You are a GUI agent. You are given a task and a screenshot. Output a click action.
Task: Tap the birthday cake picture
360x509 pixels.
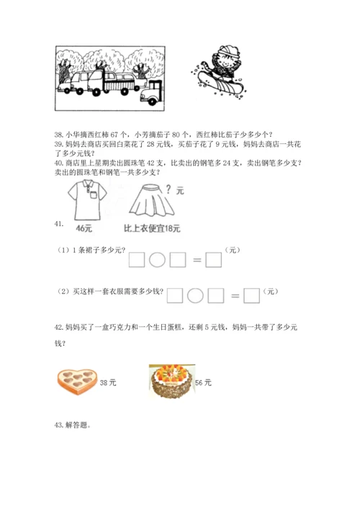pos(172,381)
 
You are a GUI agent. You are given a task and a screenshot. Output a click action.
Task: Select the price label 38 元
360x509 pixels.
pos(108,383)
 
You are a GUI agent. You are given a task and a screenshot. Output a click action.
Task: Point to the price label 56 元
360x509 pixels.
pos(203,383)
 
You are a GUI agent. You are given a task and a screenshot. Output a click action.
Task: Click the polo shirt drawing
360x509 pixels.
pos(87,200)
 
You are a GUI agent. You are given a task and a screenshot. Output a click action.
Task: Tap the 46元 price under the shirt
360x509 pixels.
pos(84,228)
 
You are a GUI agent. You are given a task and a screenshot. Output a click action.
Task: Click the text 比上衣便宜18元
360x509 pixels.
pos(152,228)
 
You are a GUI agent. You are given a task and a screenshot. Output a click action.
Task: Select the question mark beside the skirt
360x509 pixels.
pos(168,189)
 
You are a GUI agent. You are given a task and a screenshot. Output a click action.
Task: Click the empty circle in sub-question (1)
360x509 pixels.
pos(157,260)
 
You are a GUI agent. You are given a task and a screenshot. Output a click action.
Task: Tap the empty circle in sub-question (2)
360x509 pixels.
pos(195,296)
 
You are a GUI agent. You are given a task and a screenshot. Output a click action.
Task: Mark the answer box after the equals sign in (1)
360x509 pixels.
pos(214,260)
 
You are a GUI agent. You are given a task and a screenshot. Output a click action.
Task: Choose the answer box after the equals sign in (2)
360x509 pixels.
pos(251,296)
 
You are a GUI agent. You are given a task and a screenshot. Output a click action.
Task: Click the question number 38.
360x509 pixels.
pos(58,135)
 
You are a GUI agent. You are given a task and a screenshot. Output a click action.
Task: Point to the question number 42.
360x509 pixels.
pos(58,327)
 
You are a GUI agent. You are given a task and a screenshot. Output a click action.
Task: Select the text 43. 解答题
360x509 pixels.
pos(73,425)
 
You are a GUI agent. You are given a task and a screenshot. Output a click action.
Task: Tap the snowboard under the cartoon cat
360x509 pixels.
pos(220,84)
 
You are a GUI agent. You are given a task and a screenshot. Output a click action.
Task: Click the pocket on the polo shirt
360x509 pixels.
pos(94,195)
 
